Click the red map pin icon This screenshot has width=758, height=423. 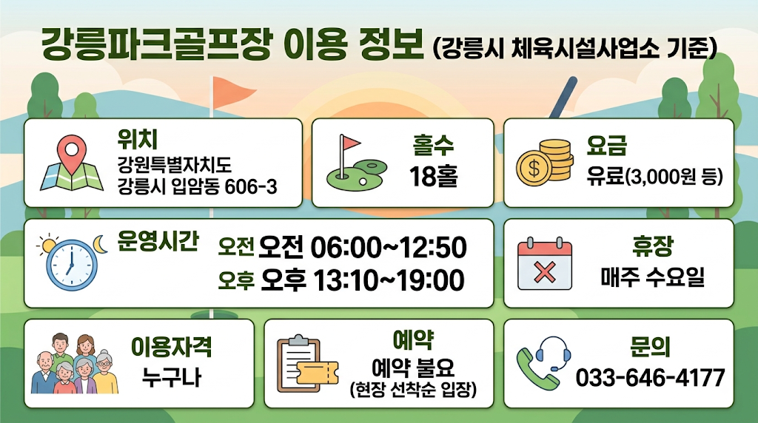pyautogui.click(x=72, y=153)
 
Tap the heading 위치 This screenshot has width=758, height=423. pyautogui.click(x=137, y=139)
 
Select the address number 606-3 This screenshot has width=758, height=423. pyautogui.click(x=251, y=186)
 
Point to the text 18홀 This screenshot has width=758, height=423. pyautogui.click(x=433, y=176)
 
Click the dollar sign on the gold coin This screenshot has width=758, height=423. pyautogui.click(x=534, y=169)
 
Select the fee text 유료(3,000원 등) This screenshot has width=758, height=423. pyautogui.click(x=654, y=177)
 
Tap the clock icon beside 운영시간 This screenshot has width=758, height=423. pyautogui.click(x=72, y=265)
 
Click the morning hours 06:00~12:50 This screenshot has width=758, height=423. pyautogui.click(x=388, y=247)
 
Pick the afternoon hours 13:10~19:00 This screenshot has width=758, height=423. pyautogui.click(x=389, y=280)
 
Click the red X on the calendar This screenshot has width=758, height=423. pyautogui.click(x=545, y=272)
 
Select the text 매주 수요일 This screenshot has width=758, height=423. pyautogui.click(x=653, y=277)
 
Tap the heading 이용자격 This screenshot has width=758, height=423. pyautogui.click(x=171, y=347)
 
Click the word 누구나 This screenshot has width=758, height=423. pyautogui.click(x=171, y=378)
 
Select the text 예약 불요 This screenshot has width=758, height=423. pyautogui.click(x=413, y=368)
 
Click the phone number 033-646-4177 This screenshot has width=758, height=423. pyautogui.click(x=650, y=378)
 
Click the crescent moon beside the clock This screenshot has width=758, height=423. pyautogui.click(x=100, y=244)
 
